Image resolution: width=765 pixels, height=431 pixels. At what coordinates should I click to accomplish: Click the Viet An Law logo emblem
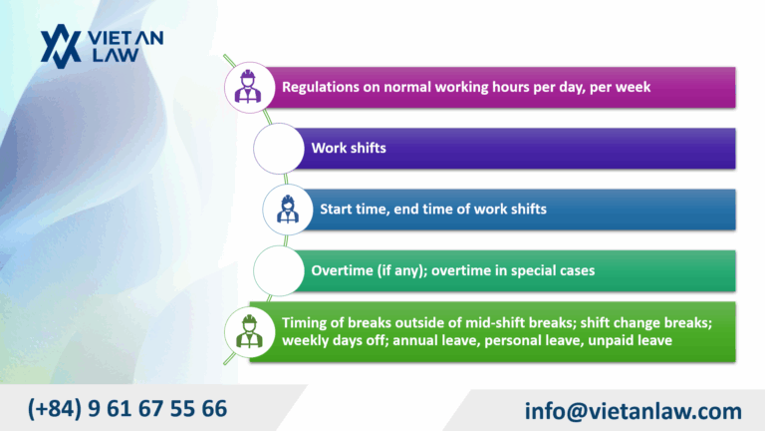[59, 46]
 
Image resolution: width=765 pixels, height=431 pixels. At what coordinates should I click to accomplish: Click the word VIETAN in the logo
[127, 38]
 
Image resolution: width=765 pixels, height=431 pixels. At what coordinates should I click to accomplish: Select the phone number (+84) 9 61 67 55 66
[127, 407]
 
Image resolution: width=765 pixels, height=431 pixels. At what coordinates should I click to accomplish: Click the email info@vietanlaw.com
[633, 410]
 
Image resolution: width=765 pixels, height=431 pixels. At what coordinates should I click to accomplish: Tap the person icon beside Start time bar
[285, 210]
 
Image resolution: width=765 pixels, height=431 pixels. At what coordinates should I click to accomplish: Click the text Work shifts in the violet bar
[348, 148]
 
